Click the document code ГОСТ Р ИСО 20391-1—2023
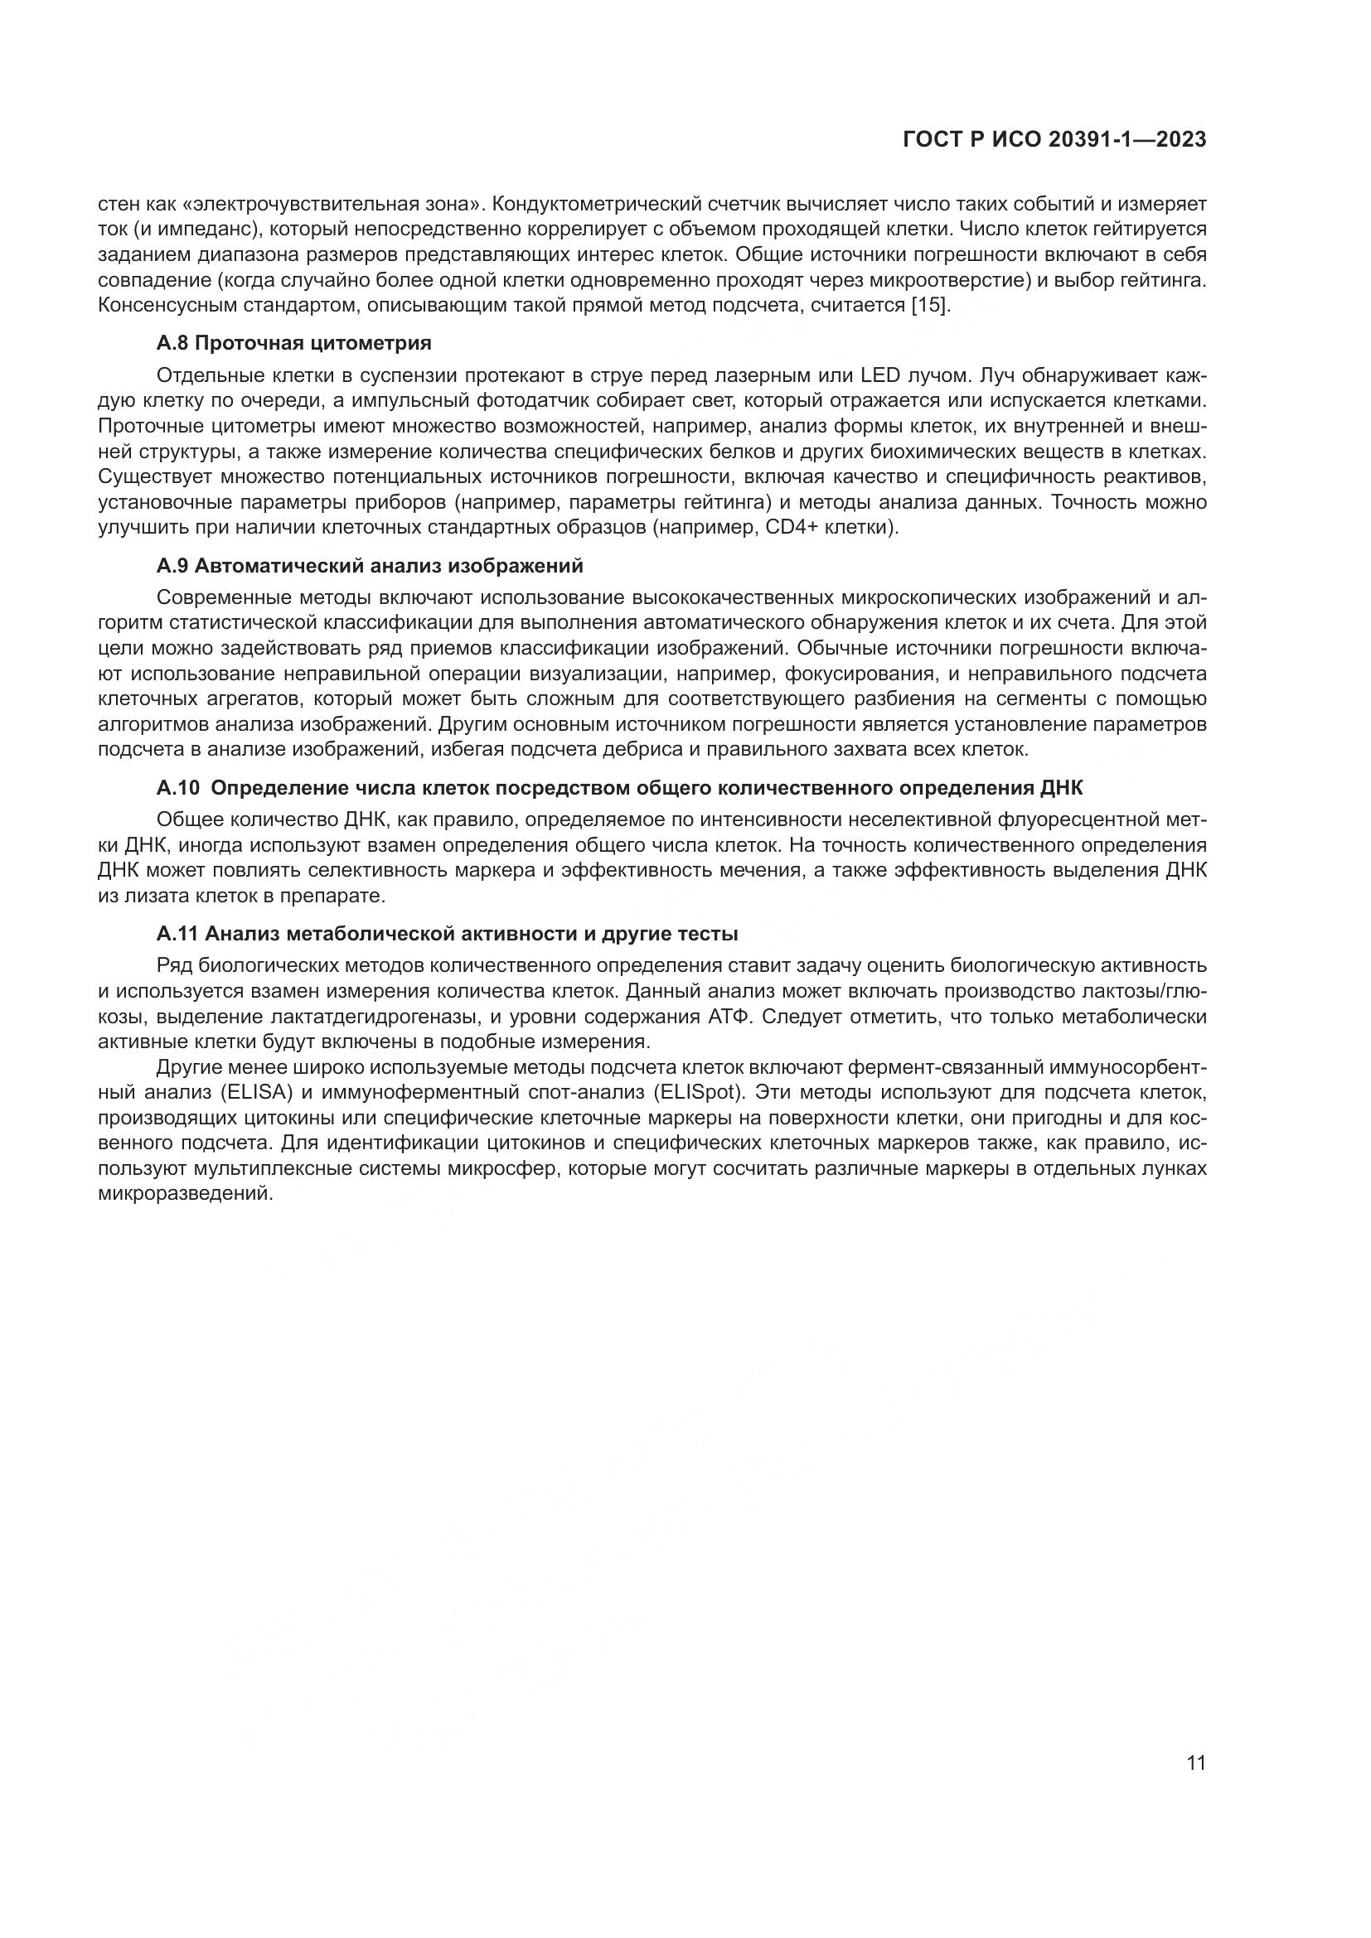[x=1054, y=140]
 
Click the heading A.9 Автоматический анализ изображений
[x=370, y=565]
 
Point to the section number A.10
[x=178, y=788]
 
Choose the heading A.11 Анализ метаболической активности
[x=448, y=935]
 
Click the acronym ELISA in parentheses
[x=257, y=1092]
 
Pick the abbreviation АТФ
[x=729, y=1017]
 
